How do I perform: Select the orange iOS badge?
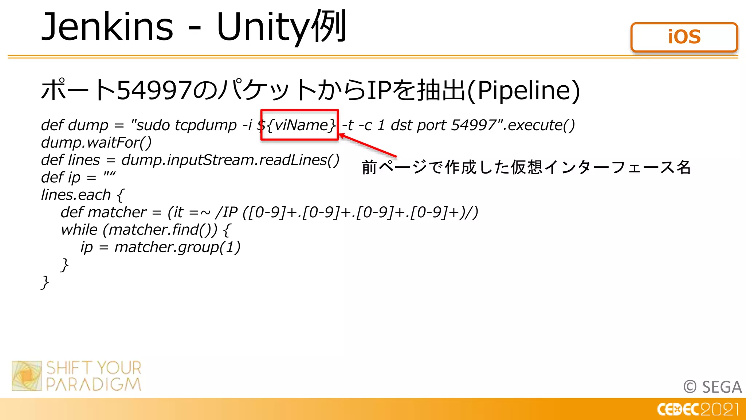(684, 37)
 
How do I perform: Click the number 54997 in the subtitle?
(154, 90)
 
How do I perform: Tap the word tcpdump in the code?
(206, 125)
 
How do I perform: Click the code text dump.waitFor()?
(96, 143)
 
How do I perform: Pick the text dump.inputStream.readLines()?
(230, 160)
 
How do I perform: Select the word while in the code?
(79, 230)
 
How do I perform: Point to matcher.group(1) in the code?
(177, 247)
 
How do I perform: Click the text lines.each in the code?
(76, 195)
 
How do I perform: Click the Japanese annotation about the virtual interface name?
(526, 167)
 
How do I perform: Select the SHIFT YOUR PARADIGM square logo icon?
(27, 376)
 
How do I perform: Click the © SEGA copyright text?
(712, 387)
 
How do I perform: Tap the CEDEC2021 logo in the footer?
(698, 409)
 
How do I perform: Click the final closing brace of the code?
(45, 283)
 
